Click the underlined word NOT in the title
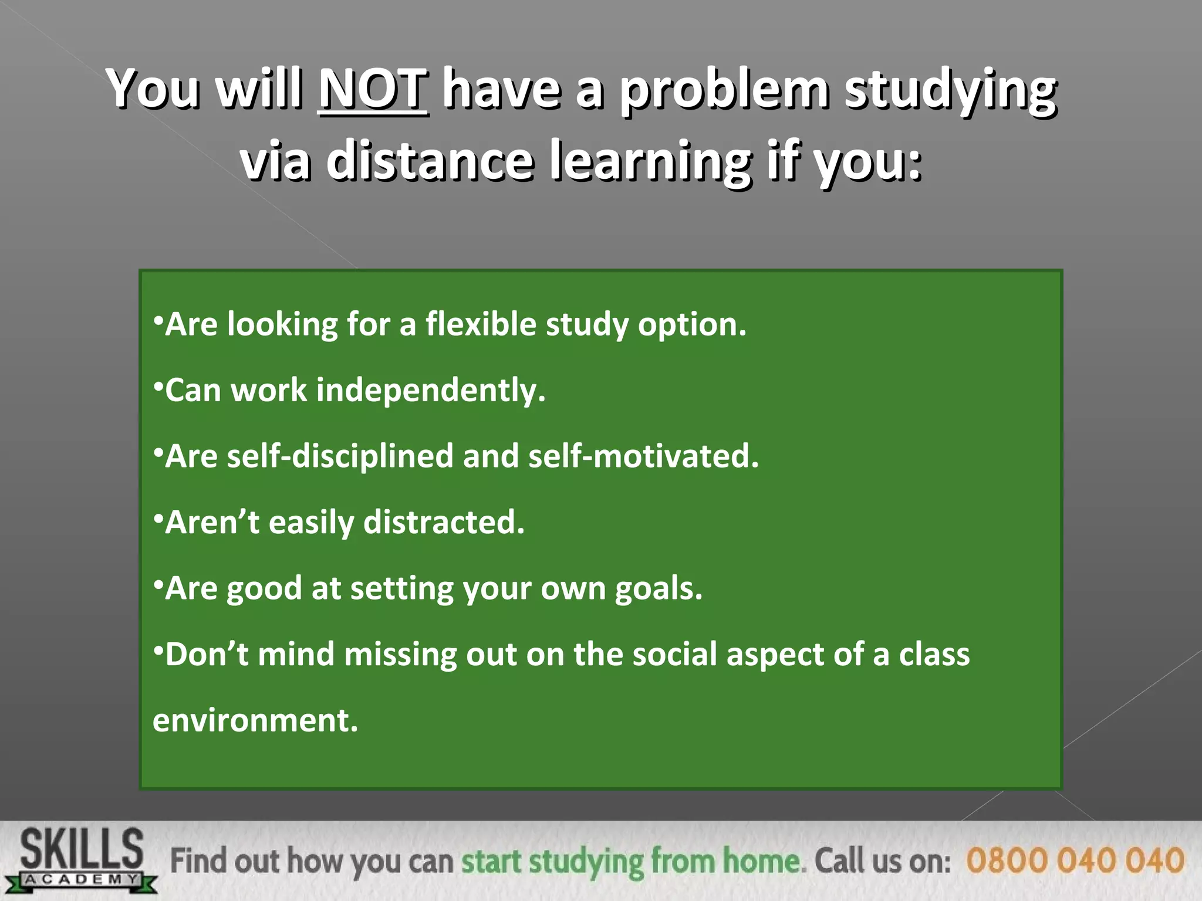point(373,89)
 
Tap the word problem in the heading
point(724,89)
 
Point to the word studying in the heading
point(950,89)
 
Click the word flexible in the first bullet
point(481,324)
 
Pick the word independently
point(431,390)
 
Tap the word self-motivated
point(643,456)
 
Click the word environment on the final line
point(255,720)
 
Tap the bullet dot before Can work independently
point(157,384)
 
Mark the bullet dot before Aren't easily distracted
point(157,516)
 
